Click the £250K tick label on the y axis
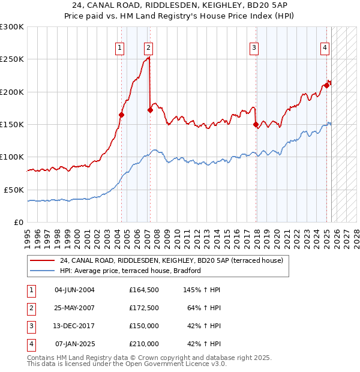click(x=12, y=59)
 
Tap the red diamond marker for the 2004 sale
click(x=122, y=115)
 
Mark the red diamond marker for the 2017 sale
click(x=256, y=125)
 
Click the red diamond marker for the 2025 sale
click(x=327, y=85)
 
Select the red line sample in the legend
click(x=43, y=260)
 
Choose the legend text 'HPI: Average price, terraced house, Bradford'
click(x=130, y=271)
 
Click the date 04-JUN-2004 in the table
click(x=74, y=290)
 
